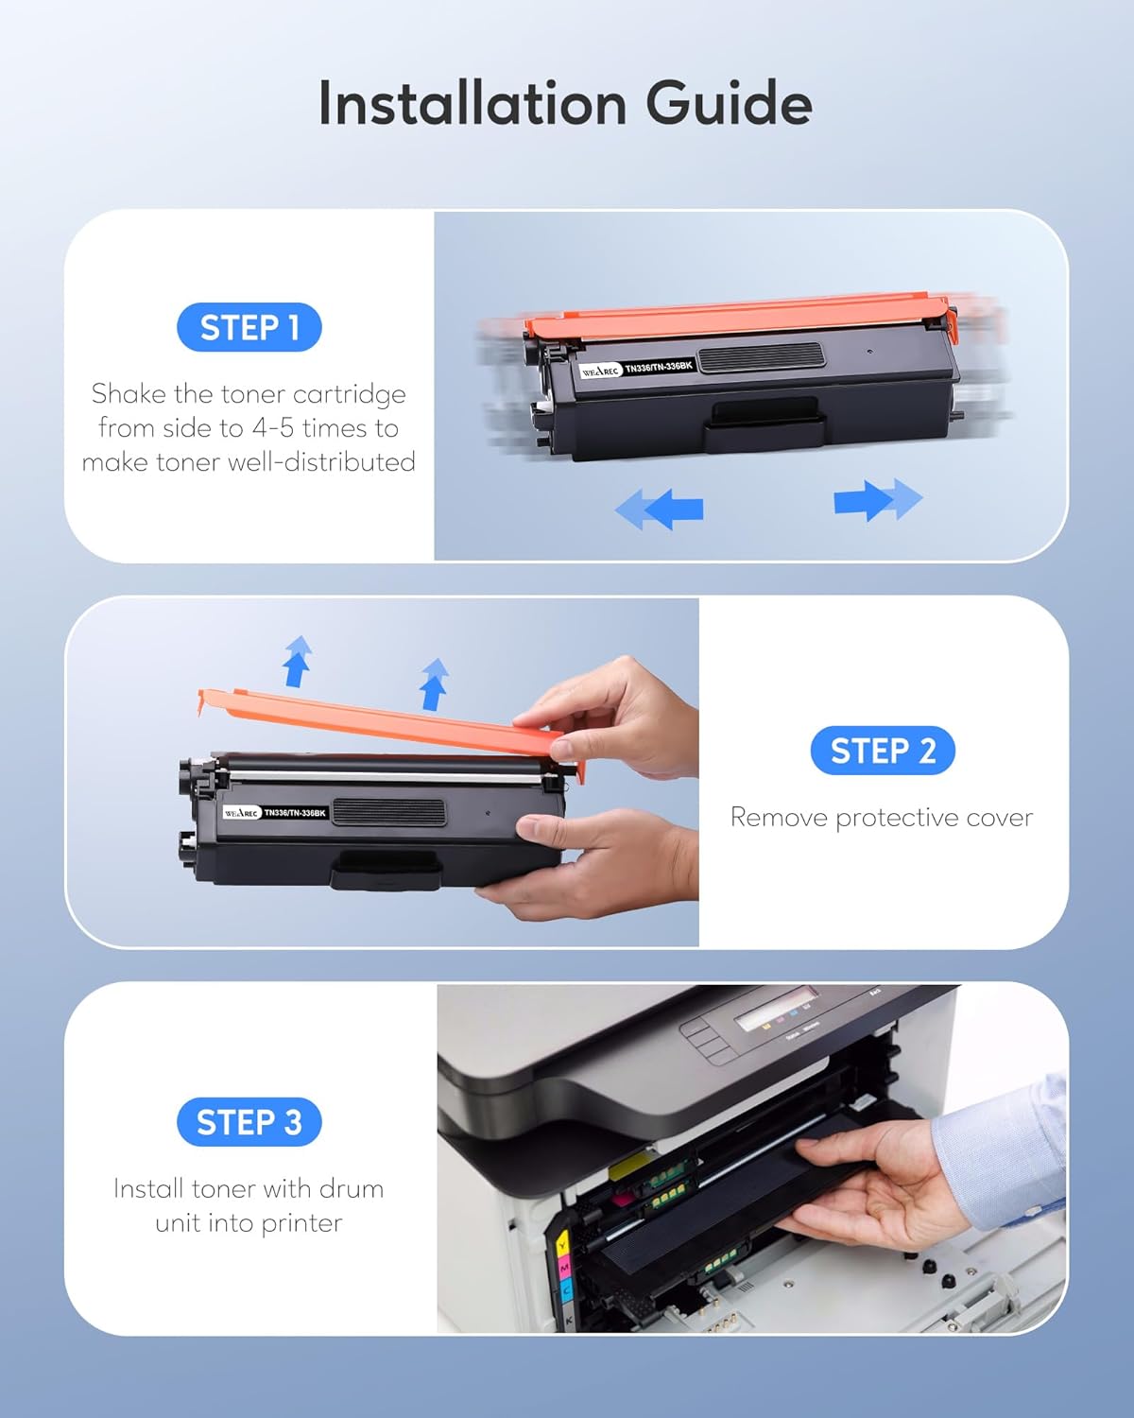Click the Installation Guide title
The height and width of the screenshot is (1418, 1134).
pyautogui.click(x=565, y=103)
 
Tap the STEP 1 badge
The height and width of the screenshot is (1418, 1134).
pyautogui.click(x=249, y=328)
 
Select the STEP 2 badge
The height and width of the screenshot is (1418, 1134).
pyautogui.click(x=883, y=751)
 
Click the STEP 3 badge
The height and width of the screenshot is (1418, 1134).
pyautogui.click(x=249, y=1122)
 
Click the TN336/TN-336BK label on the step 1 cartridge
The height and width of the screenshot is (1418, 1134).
pyautogui.click(x=659, y=367)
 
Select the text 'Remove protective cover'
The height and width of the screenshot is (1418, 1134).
pyautogui.click(x=881, y=818)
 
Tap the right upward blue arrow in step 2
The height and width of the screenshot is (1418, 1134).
pyautogui.click(x=434, y=683)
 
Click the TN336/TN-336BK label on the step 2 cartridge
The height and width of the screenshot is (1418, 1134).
pyautogui.click(x=295, y=813)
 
